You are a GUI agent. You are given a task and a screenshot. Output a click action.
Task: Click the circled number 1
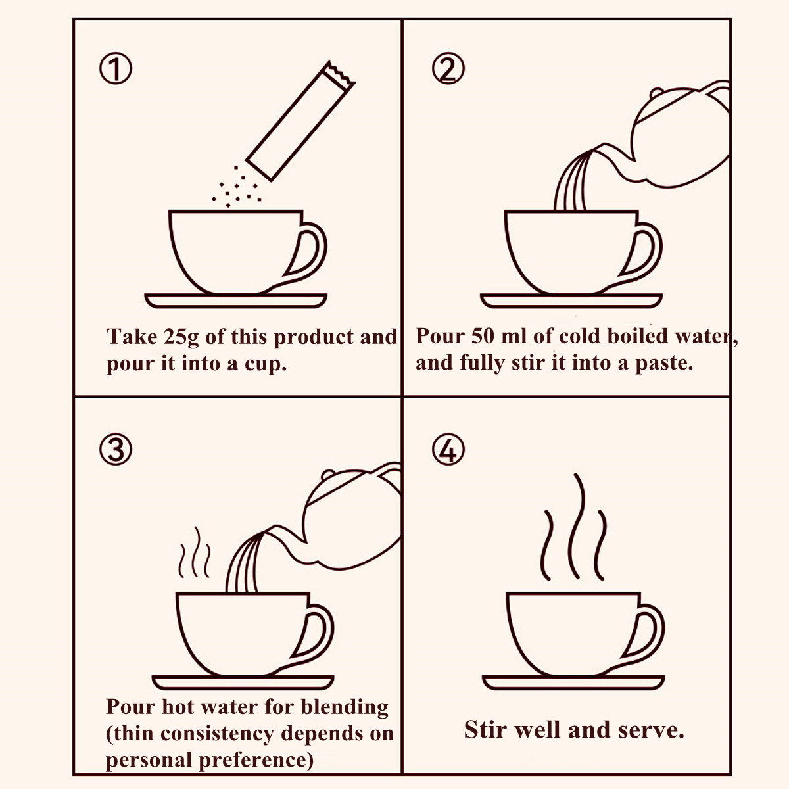[x=116, y=69]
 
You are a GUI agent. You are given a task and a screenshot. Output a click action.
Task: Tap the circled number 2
[x=448, y=69]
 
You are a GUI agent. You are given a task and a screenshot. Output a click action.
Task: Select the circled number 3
[x=116, y=450]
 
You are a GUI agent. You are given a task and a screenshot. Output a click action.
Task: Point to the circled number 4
[x=448, y=450]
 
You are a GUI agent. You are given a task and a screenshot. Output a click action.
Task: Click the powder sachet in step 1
[x=300, y=121]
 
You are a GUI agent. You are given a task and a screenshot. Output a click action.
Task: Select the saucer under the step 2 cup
[x=571, y=300]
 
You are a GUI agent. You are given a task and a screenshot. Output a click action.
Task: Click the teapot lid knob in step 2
[x=656, y=93]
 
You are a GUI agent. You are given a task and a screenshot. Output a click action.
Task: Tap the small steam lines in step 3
[x=195, y=552]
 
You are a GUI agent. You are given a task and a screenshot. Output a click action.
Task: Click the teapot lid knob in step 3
[x=328, y=475]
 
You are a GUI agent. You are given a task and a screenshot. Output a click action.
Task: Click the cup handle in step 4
[x=644, y=633]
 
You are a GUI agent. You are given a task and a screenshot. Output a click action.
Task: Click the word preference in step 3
[x=256, y=760]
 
